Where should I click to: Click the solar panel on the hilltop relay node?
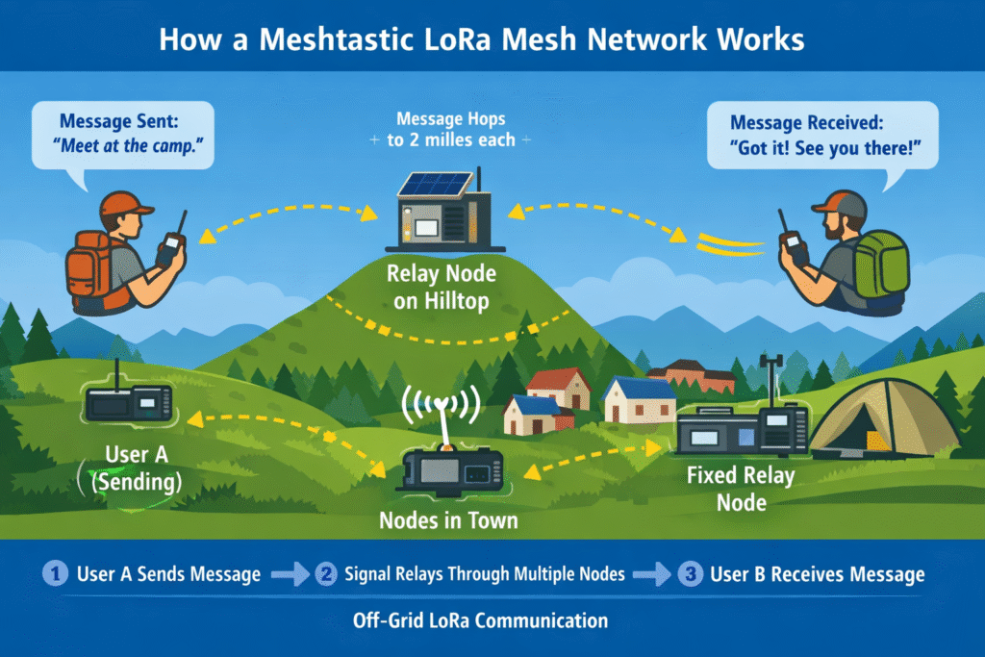[434, 184]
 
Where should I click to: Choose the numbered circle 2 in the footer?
[327, 574]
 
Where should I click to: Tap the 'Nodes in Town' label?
[448, 521]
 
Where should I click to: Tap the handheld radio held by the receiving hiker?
[795, 246]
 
